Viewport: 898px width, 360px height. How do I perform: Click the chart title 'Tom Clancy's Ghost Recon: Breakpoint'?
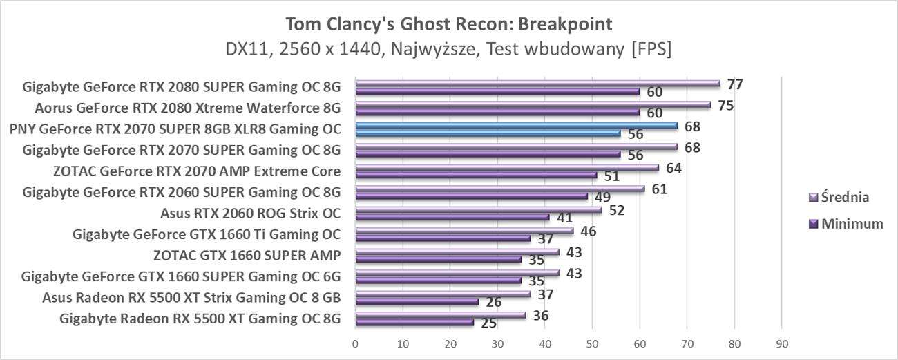tap(449, 24)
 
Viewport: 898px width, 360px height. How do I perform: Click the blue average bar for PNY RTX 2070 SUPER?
tap(516, 126)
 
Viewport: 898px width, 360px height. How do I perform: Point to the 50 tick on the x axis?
tap(592, 343)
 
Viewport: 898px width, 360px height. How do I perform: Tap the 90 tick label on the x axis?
tap(781, 343)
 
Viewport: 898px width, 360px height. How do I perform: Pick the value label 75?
tap(725, 106)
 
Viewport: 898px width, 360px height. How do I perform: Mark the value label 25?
tap(488, 323)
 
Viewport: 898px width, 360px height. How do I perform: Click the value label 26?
tap(493, 301)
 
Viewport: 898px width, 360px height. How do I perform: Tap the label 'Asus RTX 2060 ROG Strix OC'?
tap(251, 213)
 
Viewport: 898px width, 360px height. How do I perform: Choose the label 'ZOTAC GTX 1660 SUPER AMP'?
tap(247, 256)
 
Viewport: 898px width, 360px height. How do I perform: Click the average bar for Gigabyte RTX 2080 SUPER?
tap(537, 83)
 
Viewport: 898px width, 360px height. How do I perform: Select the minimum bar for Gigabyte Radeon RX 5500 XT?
tap(414, 322)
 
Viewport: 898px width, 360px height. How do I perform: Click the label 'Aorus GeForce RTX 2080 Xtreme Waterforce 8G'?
tap(188, 108)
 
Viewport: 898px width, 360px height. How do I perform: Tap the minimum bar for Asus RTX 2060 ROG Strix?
tap(452, 217)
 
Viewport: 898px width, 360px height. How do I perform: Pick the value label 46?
tap(588, 231)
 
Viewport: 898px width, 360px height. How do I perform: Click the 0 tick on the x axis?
tap(355, 343)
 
